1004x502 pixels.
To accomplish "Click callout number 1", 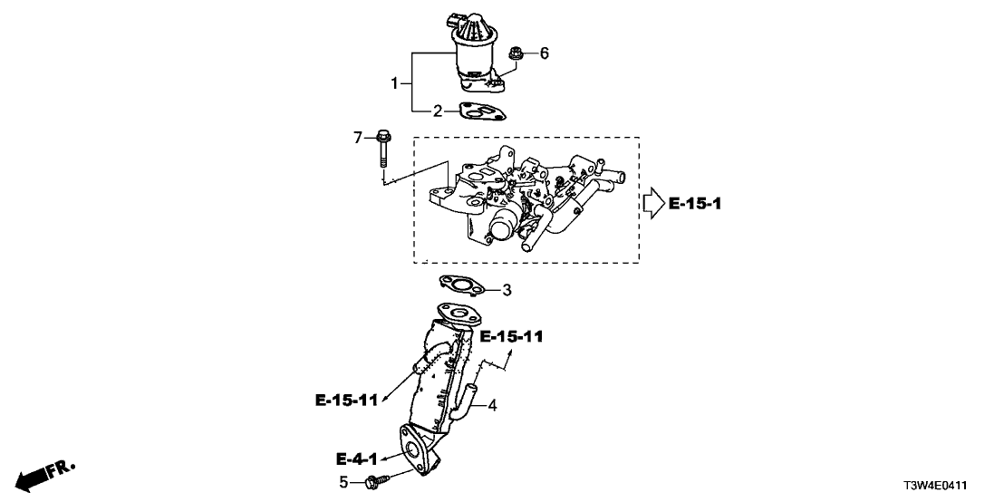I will click(395, 84).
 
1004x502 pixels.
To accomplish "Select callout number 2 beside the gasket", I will click(437, 111).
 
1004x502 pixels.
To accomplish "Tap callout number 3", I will click(507, 290).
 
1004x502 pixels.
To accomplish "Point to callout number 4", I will click(493, 406).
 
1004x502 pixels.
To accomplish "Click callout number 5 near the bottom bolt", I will click(343, 482).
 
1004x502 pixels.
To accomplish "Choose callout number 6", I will click(545, 53).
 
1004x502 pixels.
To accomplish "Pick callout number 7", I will click(358, 138).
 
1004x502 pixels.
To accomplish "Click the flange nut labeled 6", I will click(516, 54).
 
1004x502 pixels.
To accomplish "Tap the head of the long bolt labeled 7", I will click(382, 138).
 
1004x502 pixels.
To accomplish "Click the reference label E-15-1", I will click(696, 204).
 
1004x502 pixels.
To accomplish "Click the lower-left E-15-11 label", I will click(347, 400).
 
